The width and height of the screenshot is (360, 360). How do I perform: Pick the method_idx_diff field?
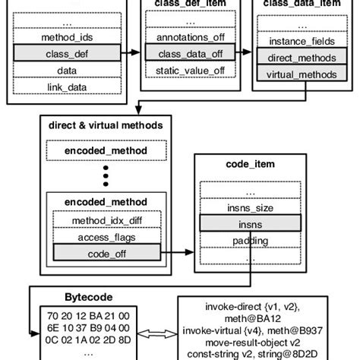(x=106, y=220)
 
